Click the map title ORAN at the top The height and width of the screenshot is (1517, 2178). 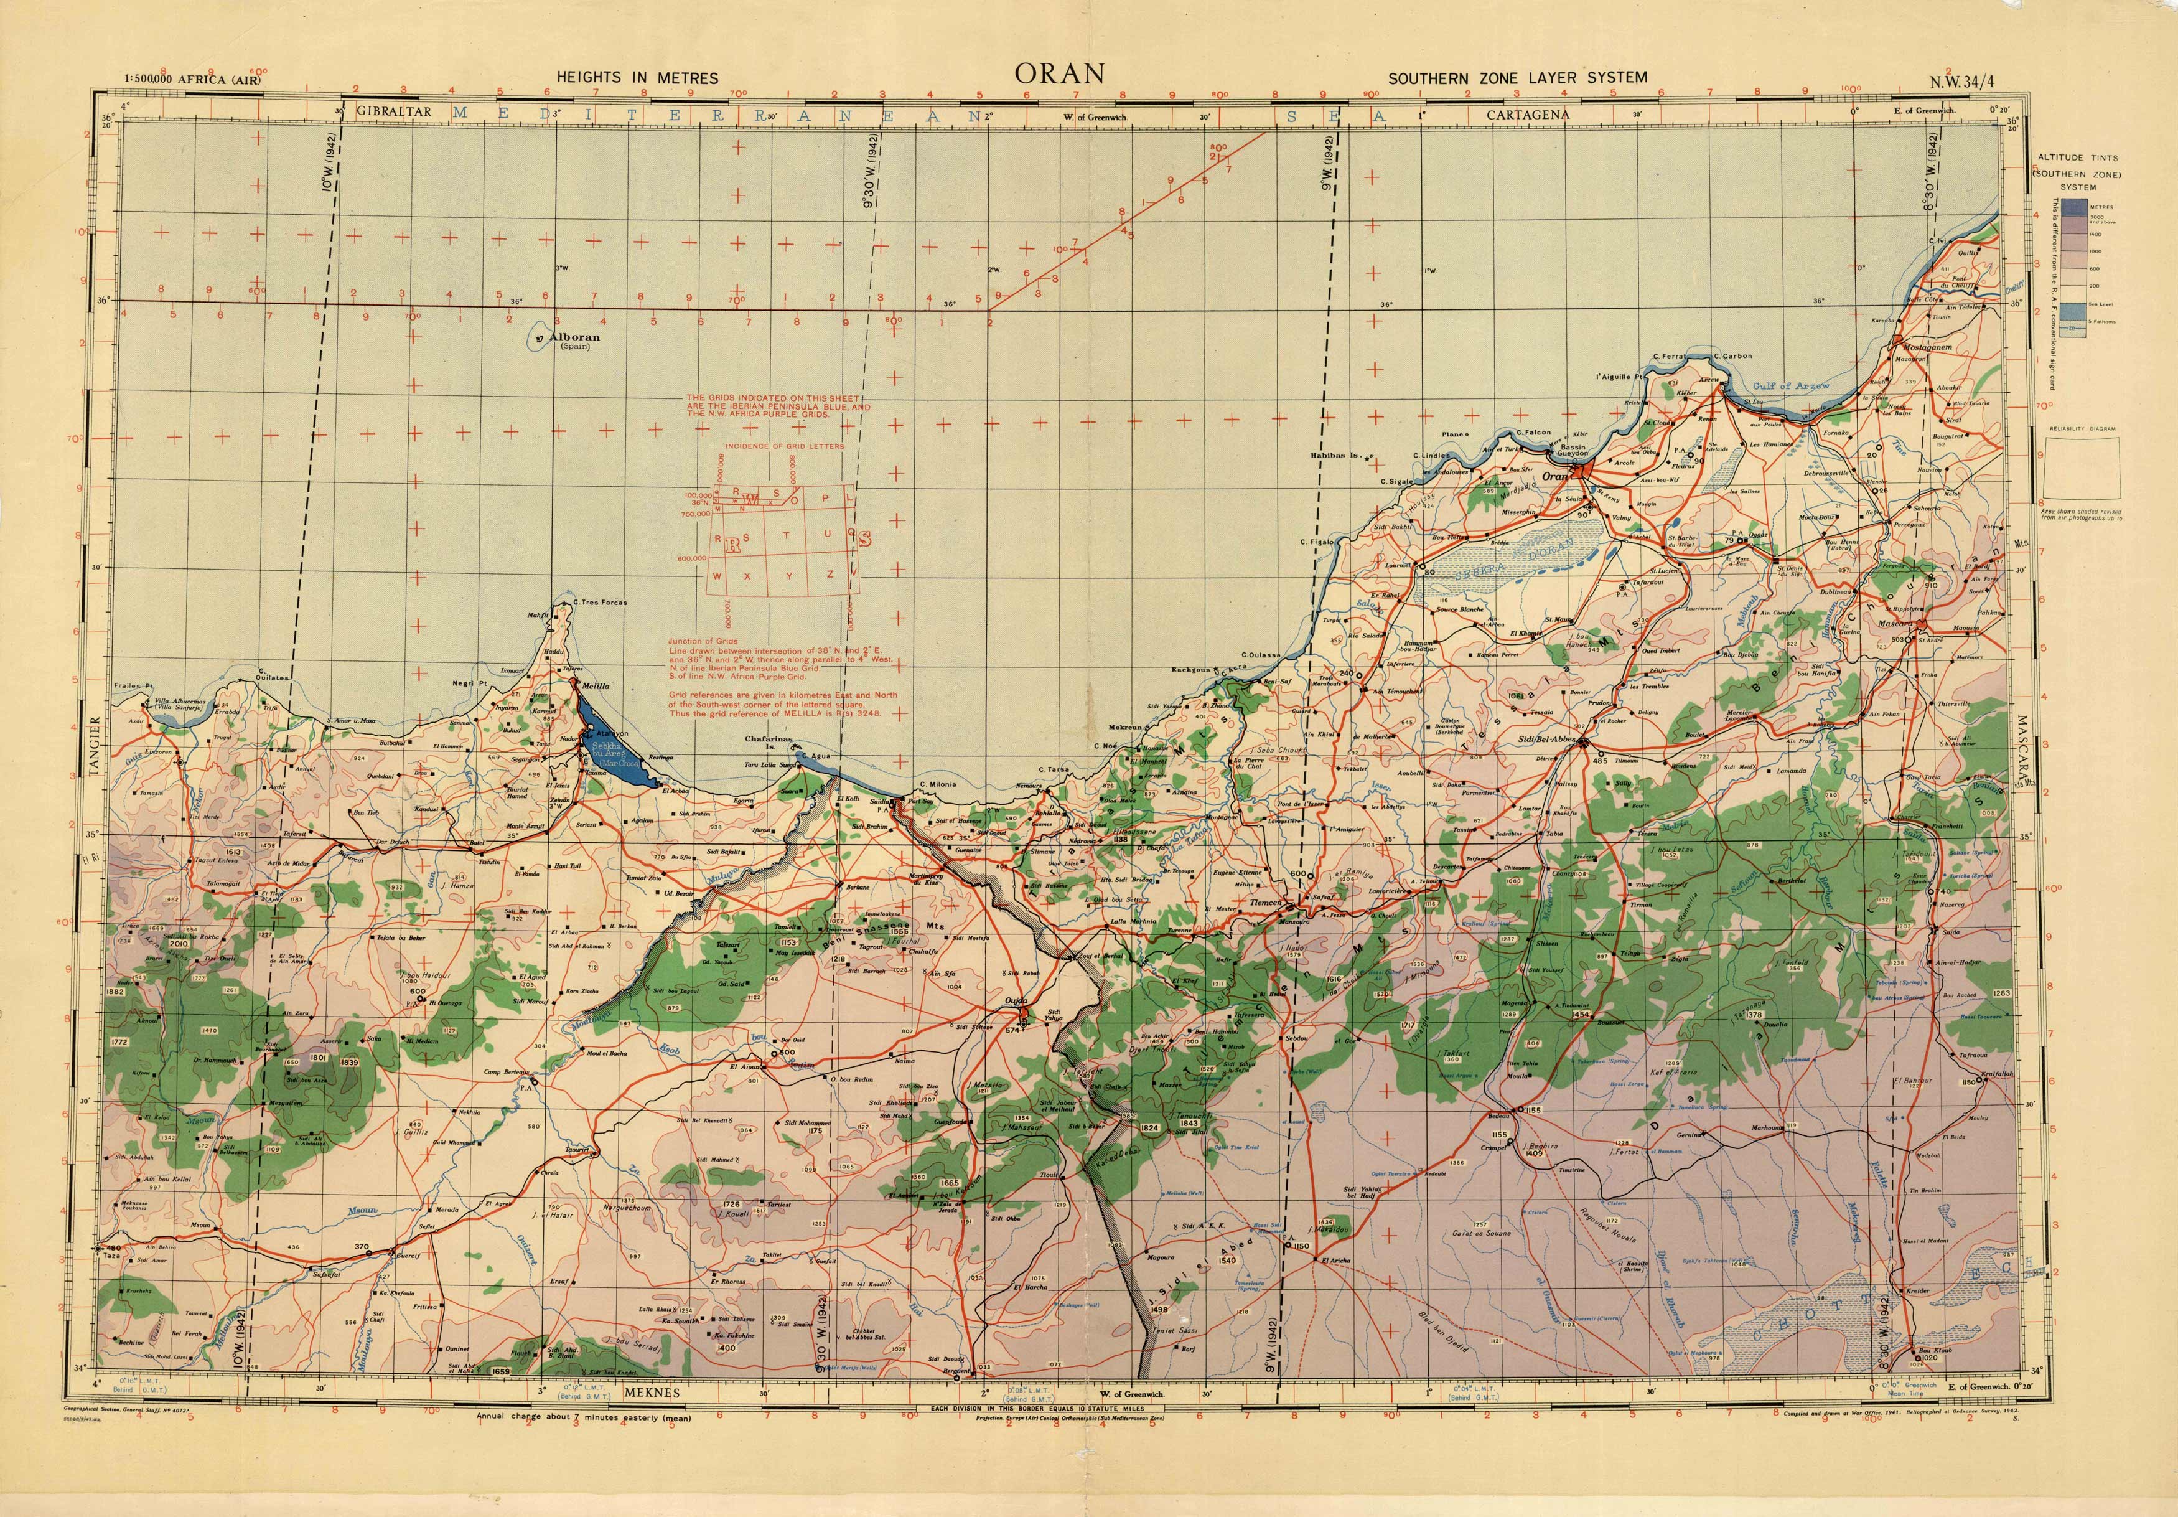[x=1060, y=74]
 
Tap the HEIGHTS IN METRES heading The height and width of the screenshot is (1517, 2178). [x=637, y=78]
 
